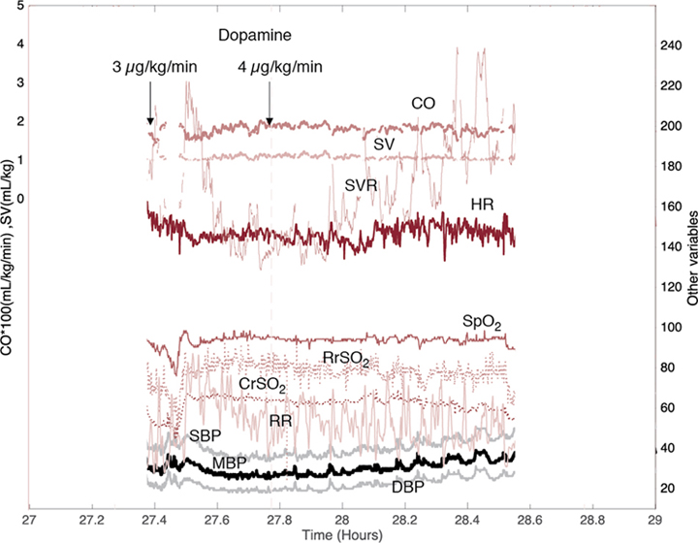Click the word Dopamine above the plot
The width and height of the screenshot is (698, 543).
tap(255, 36)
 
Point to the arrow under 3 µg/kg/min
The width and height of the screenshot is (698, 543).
tap(150, 103)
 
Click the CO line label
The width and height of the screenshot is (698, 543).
tap(422, 103)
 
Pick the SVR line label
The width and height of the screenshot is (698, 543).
tap(361, 184)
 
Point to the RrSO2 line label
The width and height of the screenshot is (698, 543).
tap(345, 359)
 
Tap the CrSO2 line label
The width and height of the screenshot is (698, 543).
tap(262, 385)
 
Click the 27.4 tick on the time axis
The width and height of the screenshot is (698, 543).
tap(154, 521)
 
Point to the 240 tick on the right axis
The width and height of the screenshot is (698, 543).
tap(670, 46)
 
